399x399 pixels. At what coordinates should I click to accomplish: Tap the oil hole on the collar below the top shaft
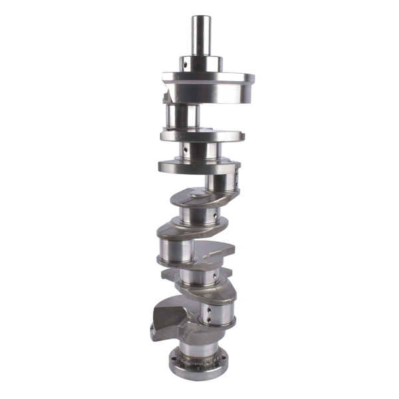(184, 65)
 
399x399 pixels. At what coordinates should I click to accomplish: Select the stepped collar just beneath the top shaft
(199, 65)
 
